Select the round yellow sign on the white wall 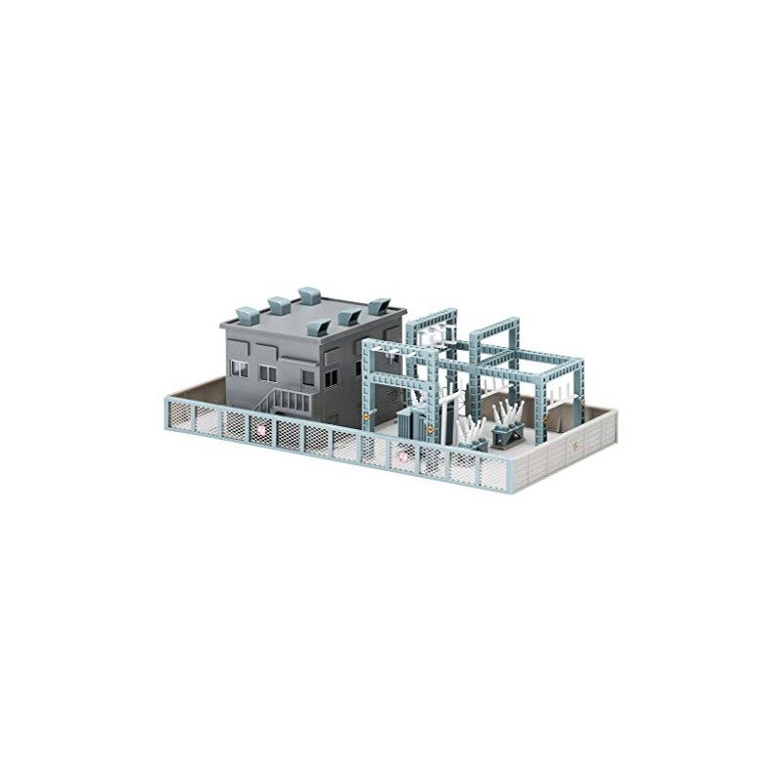click(577, 448)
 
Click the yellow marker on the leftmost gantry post click(367, 415)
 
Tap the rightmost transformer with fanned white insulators click(509, 421)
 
